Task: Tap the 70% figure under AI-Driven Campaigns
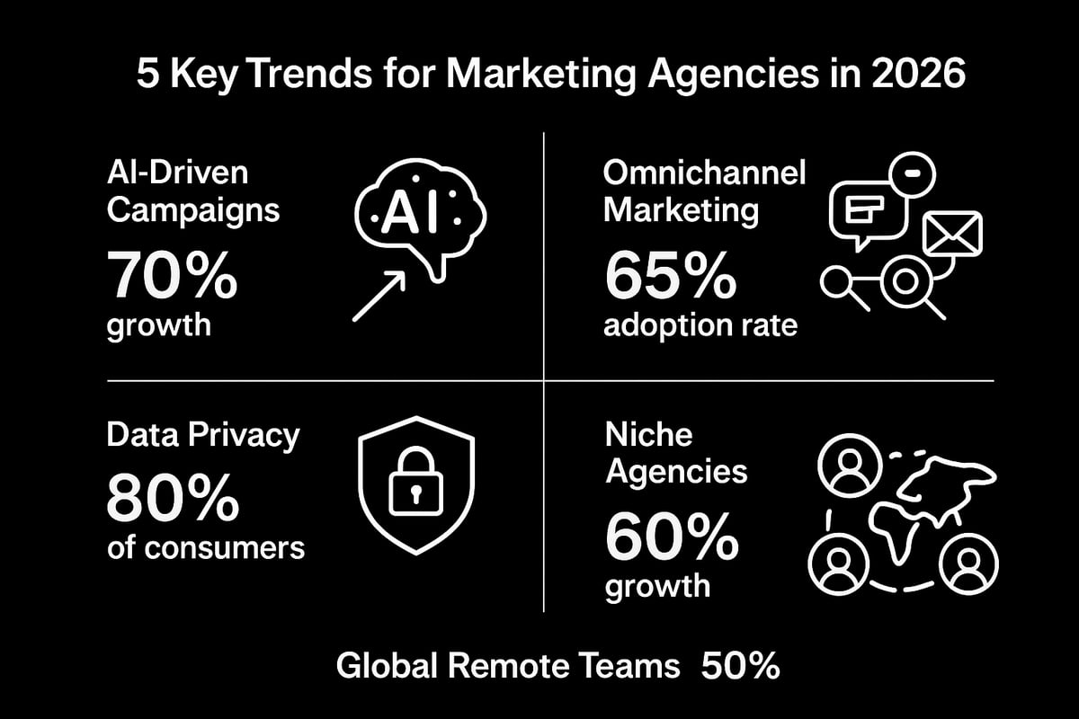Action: tap(172, 276)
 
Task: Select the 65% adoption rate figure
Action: tap(670, 276)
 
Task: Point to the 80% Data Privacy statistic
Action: tap(173, 497)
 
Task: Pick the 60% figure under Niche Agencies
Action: tap(671, 537)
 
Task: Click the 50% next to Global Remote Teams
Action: tap(739, 667)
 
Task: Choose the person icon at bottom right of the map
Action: tap(968, 563)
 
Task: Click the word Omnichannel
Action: tap(704, 173)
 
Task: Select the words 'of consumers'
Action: tap(205, 546)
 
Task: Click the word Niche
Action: tap(648, 435)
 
